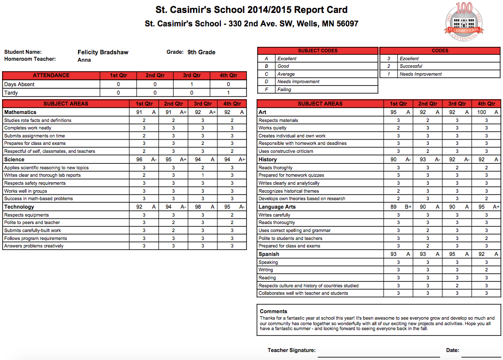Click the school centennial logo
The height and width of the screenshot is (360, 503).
(464, 21)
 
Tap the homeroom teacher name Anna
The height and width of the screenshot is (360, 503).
(84, 60)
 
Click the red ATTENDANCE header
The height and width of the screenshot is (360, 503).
(51, 76)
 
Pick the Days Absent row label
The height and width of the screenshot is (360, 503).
(19, 85)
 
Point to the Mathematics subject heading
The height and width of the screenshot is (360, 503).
(20, 113)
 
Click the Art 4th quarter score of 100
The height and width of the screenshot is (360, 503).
(481, 113)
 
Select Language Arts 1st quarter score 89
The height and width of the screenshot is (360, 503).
(393, 207)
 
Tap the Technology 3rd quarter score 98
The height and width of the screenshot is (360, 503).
(198, 207)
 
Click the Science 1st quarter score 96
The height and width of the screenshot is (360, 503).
(139, 160)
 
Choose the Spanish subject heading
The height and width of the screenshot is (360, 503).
(269, 254)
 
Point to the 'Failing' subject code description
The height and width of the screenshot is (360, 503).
(284, 90)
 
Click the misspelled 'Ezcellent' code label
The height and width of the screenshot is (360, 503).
(409, 59)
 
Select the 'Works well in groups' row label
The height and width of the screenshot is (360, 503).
(25, 191)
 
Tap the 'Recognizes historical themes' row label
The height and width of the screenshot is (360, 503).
(289, 191)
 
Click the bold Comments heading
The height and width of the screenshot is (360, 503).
(274, 312)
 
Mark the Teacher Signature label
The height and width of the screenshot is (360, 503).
(291, 351)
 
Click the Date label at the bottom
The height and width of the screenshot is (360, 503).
(452, 351)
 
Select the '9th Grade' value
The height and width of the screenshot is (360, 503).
(201, 52)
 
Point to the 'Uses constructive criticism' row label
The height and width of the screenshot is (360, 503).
(286, 151)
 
